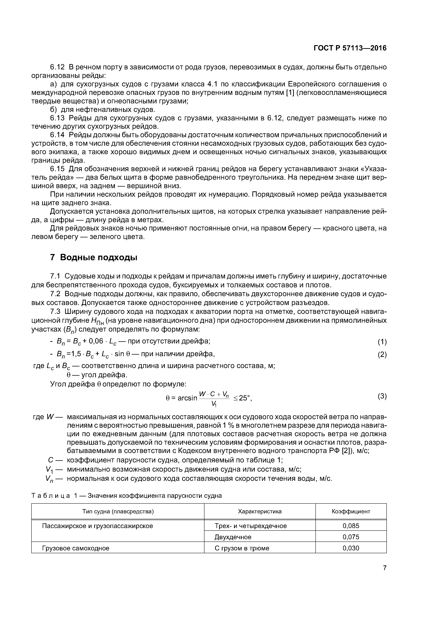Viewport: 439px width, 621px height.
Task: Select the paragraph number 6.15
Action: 57,169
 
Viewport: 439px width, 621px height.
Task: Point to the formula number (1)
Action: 382,342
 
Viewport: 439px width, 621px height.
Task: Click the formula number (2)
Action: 382,354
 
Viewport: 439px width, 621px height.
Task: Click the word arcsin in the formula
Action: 187,398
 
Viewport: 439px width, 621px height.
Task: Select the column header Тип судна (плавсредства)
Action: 118,511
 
